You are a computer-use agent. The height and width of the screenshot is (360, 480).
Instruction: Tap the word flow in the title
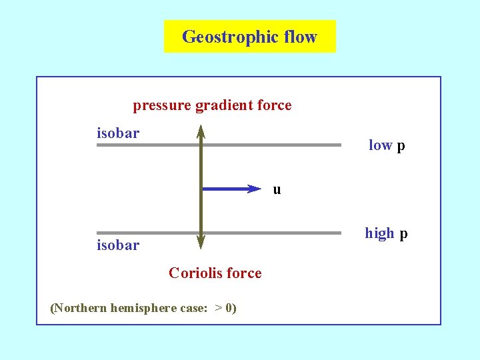tap(300, 36)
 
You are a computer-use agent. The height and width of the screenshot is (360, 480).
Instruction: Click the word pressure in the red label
tap(162, 106)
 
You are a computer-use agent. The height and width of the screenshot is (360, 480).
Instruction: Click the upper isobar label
tap(118, 133)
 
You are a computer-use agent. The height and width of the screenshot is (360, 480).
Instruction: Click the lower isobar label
tap(118, 245)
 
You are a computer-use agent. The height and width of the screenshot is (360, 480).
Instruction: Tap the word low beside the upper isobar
tap(380, 145)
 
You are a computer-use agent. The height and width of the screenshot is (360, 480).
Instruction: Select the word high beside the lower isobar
tap(379, 233)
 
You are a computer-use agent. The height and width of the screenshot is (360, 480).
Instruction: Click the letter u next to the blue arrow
tap(277, 189)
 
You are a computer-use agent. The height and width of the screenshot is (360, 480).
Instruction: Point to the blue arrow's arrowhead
tap(253, 189)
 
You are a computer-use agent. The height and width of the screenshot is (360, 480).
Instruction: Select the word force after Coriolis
tap(245, 273)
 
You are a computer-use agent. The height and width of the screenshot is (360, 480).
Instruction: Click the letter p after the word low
tap(401, 146)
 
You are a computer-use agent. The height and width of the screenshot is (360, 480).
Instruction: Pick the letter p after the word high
tap(403, 234)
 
